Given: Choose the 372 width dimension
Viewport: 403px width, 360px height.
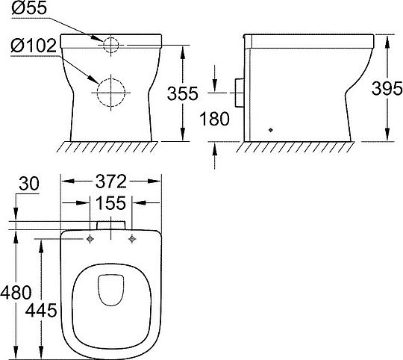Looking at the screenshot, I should (111, 182).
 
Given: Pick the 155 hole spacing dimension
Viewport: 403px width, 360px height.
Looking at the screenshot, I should (111, 203).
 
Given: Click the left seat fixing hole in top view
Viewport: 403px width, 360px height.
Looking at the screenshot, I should (90, 239).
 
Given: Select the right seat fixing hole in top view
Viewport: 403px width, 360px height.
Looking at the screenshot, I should (132, 239).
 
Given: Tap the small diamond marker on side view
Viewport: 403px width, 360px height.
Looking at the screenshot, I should (272, 128).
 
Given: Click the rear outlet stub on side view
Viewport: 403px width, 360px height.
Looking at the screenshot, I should (238, 90).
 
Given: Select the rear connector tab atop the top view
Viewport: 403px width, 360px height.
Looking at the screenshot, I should (111, 225).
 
